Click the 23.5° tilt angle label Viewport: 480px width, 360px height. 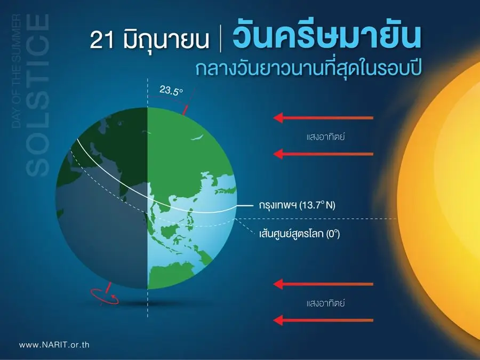[x=171, y=91]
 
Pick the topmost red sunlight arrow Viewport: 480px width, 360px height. [x=323, y=118]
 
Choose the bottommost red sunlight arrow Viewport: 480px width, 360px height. [x=323, y=321]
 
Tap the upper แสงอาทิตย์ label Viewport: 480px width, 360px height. [x=326, y=136]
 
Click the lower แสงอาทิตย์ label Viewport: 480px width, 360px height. [x=326, y=303]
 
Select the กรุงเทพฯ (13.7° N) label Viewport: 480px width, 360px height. [x=297, y=205]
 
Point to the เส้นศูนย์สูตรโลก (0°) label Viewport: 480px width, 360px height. [x=299, y=234]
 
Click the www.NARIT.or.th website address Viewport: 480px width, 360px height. [x=54, y=345]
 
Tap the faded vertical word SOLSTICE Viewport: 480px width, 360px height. [x=38, y=95]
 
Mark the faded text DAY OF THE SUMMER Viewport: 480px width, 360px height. [x=16, y=71]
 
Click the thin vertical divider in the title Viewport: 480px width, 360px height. [x=221, y=40]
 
